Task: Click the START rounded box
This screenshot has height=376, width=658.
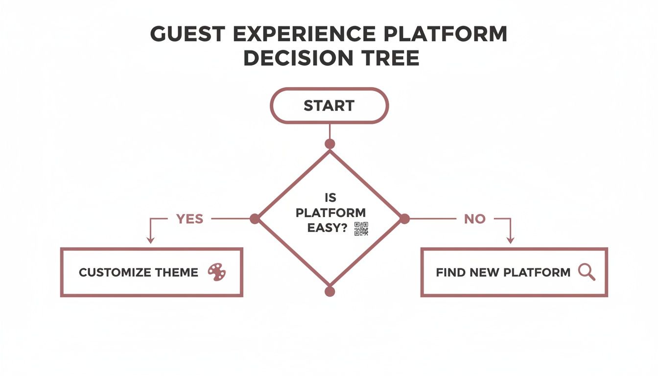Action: point(329,105)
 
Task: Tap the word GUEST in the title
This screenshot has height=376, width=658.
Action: point(189,34)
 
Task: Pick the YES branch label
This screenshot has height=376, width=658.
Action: point(189,219)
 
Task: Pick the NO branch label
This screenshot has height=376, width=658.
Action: point(474,219)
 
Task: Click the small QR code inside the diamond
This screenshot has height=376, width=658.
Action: point(361,229)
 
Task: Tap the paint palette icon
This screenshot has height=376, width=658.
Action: point(217,272)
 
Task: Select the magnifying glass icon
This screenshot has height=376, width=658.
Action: point(587,272)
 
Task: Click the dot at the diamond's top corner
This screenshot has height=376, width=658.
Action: point(330,144)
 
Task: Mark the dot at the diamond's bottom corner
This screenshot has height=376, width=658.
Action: point(330,292)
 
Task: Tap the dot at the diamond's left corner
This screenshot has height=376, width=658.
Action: point(255,219)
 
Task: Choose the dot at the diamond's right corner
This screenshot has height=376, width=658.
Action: point(404,219)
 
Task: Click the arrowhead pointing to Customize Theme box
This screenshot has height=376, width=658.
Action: point(151,240)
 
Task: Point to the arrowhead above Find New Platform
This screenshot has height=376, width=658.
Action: point(510,240)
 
